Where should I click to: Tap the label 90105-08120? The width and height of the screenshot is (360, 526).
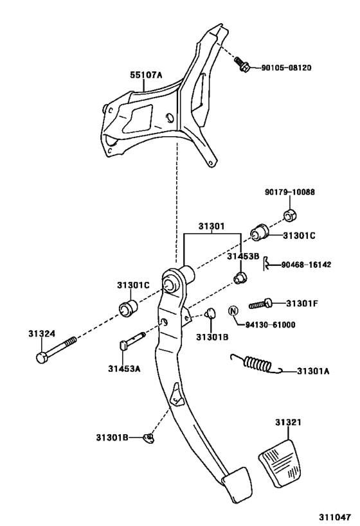click(286, 67)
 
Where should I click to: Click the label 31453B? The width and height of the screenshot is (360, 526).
click(242, 256)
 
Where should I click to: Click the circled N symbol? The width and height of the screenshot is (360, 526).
click(233, 311)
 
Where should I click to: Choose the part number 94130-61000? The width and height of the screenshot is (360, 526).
click(271, 325)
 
